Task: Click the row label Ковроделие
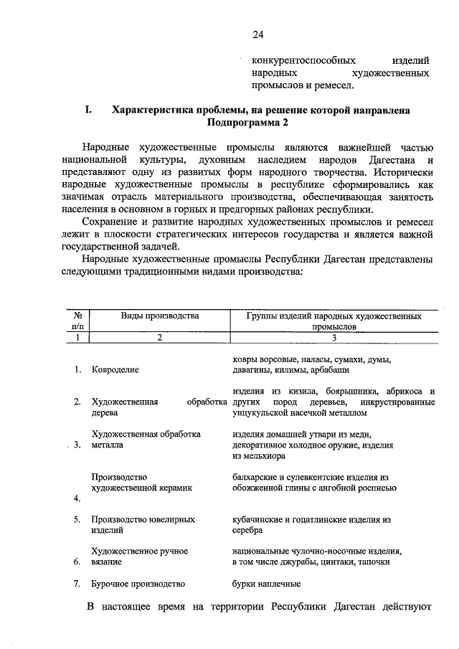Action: click(115, 370)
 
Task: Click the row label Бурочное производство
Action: click(138, 584)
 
